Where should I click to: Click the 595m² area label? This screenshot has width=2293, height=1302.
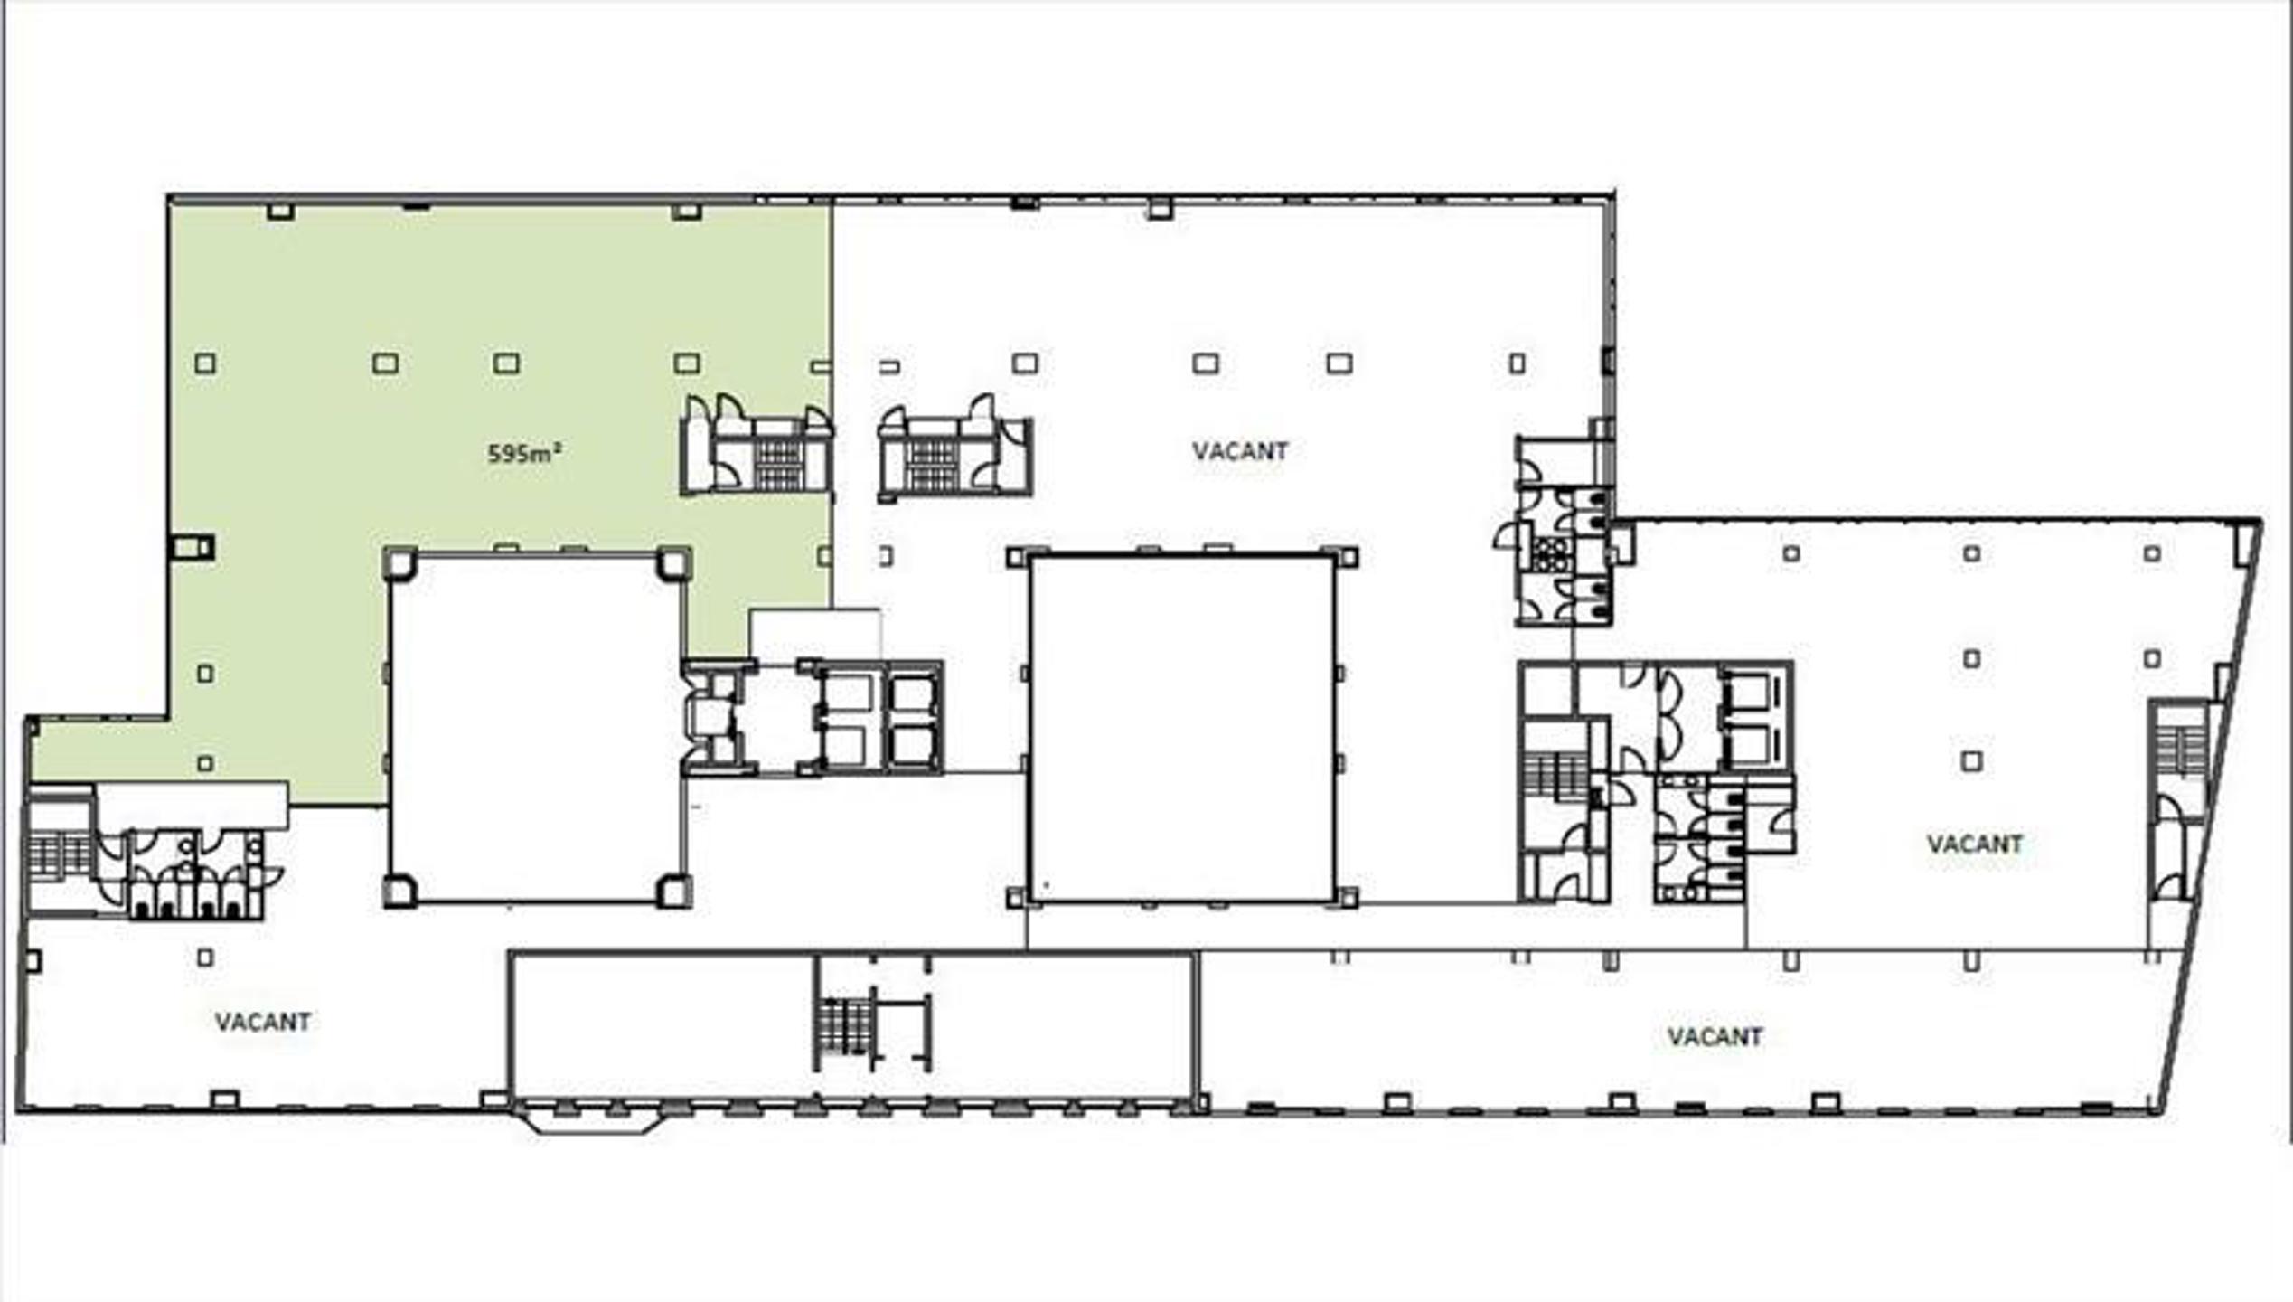point(525,452)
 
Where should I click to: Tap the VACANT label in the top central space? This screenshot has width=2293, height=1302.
point(1240,451)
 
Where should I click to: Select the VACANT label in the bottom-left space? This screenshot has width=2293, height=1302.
point(263,1022)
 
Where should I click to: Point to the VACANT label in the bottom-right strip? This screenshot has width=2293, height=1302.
point(1715,1036)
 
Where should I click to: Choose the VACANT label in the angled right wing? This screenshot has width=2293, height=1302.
point(1975,844)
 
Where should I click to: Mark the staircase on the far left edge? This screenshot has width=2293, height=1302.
point(58,854)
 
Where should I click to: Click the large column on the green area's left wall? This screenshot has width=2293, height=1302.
point(192,547)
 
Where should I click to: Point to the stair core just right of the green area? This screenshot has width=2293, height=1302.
point(954,448)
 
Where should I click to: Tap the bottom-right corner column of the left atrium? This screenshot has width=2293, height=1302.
point(673,892)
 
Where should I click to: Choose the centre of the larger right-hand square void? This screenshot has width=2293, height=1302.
point(1181,729)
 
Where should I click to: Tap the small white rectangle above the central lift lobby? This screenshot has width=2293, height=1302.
point(815,634)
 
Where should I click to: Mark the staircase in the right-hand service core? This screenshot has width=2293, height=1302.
point(1555,778)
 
